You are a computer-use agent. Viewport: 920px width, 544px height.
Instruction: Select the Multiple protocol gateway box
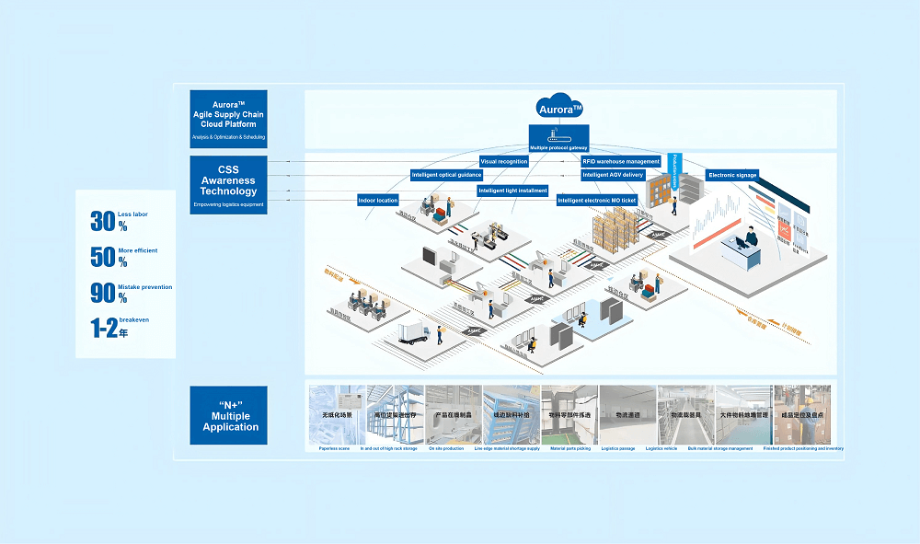pos(559,147)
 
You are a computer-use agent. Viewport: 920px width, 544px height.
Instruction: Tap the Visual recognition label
pos(504,161)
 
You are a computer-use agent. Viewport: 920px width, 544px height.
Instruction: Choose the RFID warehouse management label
pos(621,161)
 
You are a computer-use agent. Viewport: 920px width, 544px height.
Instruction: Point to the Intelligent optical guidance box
pos(447,175)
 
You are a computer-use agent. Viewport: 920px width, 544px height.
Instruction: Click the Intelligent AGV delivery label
pos(614,175)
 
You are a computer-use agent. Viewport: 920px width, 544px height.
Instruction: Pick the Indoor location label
pos(378,200)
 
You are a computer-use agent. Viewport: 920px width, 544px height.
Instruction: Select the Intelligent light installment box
pos(512,191)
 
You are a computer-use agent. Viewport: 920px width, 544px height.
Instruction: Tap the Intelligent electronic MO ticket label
pos(597,200)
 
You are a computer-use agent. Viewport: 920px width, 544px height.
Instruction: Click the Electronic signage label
pos(732,175)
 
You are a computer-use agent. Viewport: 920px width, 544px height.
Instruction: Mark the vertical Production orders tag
pos(673,169)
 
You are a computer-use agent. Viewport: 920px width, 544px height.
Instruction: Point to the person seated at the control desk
pos(751,240)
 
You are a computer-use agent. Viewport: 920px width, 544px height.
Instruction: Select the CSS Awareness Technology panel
pos(228,185)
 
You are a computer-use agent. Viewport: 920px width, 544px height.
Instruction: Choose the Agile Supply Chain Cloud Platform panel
pos(228,119)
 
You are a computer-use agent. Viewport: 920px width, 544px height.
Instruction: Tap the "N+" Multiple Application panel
pos(228,415)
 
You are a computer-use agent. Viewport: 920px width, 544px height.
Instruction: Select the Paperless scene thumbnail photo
pos(336,415)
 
